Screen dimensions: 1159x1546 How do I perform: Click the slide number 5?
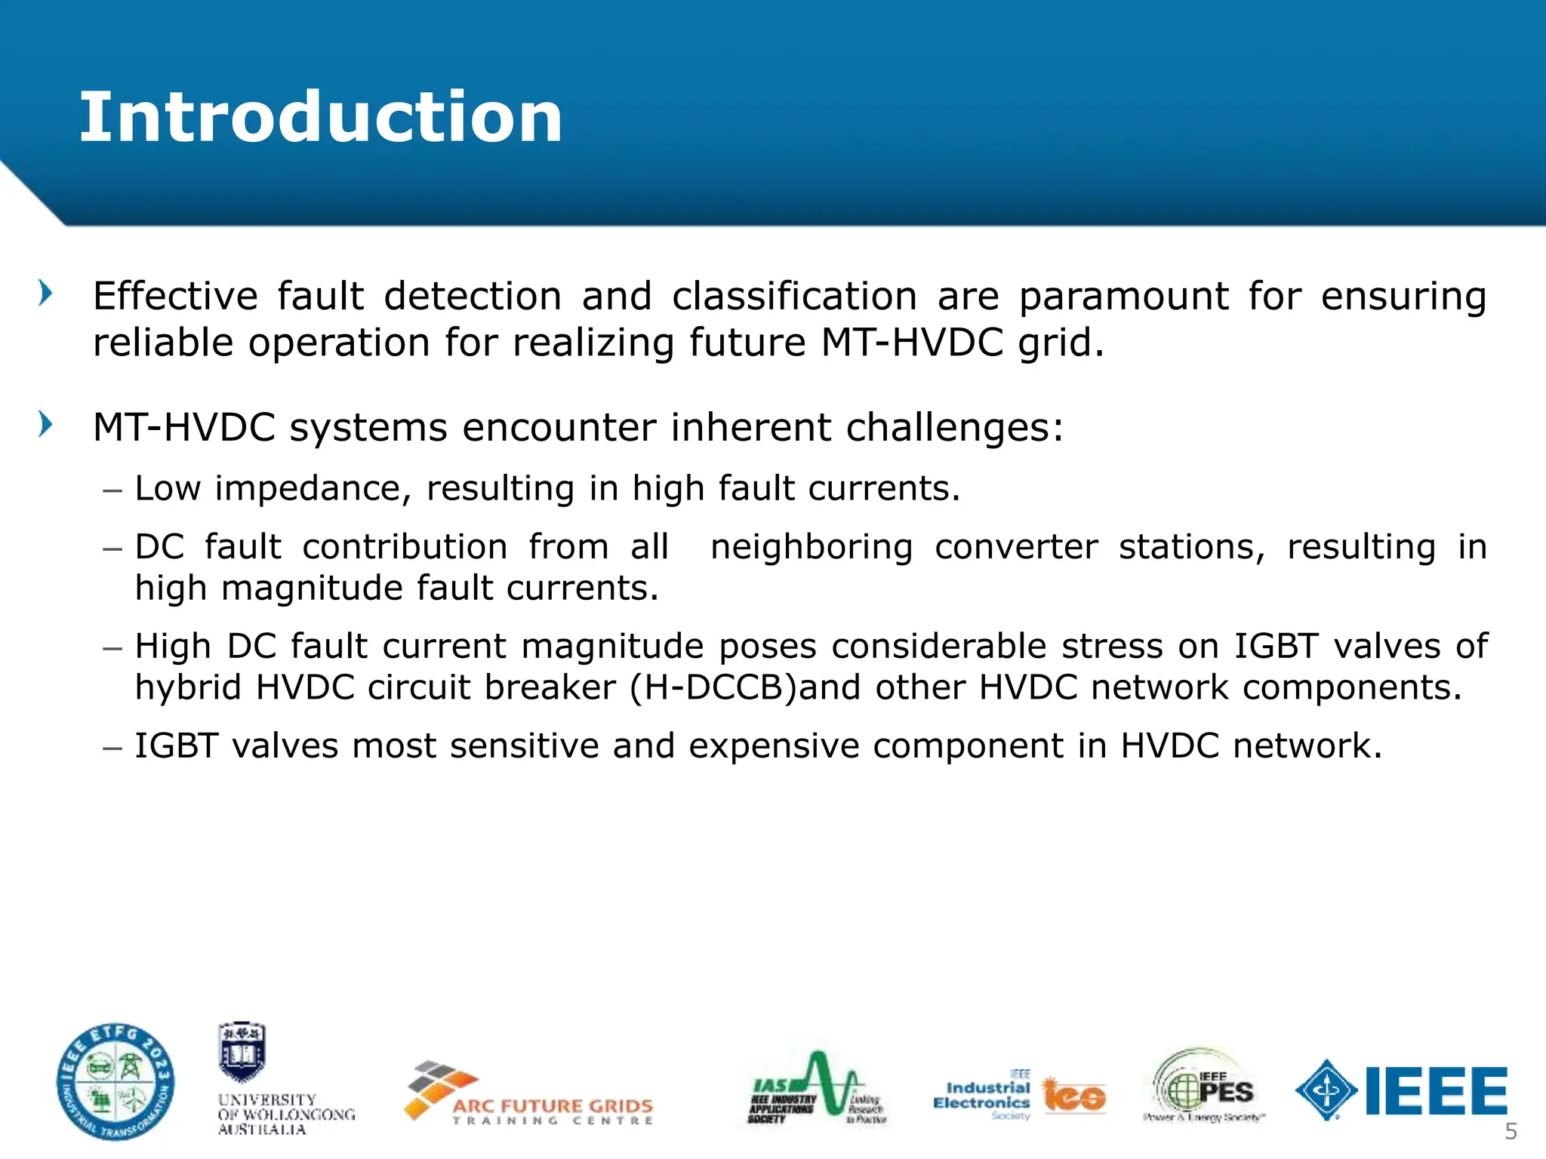point(1511,1131)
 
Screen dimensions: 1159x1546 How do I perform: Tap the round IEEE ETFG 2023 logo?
point(116,1082)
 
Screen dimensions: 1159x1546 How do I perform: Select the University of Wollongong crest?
point(242,1053)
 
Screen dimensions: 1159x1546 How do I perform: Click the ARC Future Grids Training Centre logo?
point(529,1094)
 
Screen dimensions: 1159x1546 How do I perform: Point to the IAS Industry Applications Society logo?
point(817,1087)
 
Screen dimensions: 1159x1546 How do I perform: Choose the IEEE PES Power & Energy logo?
point(1204,1086)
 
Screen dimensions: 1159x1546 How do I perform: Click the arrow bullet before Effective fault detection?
point(46,293)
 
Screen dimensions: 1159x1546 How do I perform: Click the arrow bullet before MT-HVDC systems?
point(46,424)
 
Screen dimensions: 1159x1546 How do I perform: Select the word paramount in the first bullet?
point(1123,296)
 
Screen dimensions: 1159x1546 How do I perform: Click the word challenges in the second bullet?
point(954,427)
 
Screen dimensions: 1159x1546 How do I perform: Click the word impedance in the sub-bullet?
point(313,488)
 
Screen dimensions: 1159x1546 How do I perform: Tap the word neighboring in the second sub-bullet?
point(811,546)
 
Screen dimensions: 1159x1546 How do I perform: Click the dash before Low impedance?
point(112,490)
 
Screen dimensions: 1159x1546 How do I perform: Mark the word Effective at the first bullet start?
point(175,296)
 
